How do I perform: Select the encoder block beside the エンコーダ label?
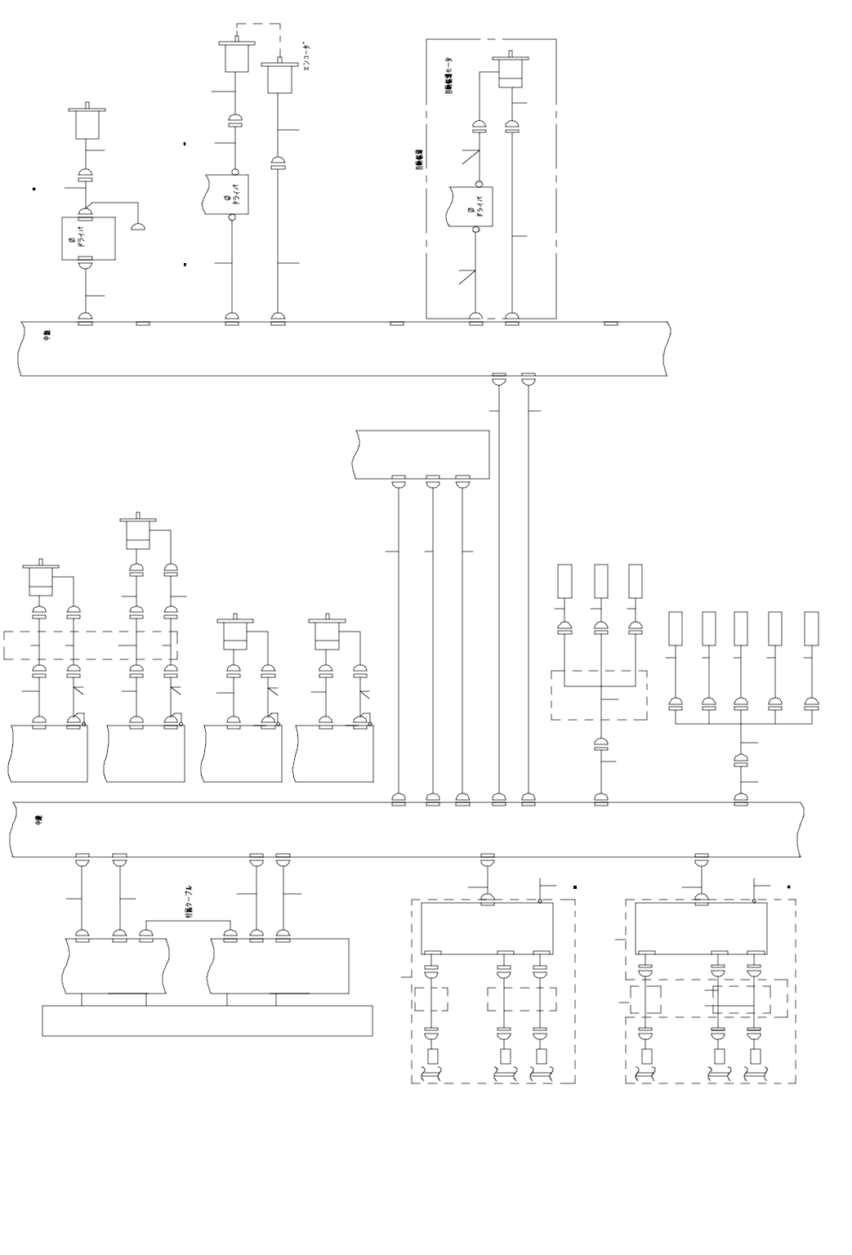pos(279,78)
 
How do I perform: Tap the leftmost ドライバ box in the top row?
pos(88,238)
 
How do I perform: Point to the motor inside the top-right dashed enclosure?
pos(511,72)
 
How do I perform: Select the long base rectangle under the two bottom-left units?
pos(207,1021)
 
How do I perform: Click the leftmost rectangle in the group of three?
pos(564,581)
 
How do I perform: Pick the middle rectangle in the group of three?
pos(601,581)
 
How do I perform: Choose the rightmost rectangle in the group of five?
pos(811,628)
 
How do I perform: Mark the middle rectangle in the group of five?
pos(741,628)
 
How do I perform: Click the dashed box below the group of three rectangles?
pos(599,695)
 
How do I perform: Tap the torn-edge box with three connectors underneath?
pos(423,453)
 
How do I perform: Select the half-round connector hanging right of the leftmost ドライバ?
pos(140,226)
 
